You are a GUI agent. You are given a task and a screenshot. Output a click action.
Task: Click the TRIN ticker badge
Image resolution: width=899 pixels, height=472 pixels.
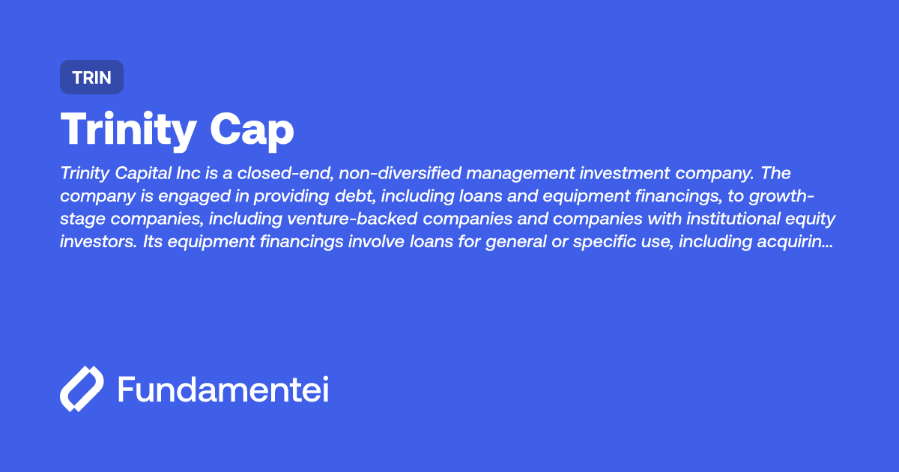(x=91, y=77)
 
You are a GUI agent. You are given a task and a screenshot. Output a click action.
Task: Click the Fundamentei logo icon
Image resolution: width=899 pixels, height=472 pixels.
(x=81, y=389)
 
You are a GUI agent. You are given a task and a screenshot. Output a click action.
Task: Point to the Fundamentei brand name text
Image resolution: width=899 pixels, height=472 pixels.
(x=223, y=389)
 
